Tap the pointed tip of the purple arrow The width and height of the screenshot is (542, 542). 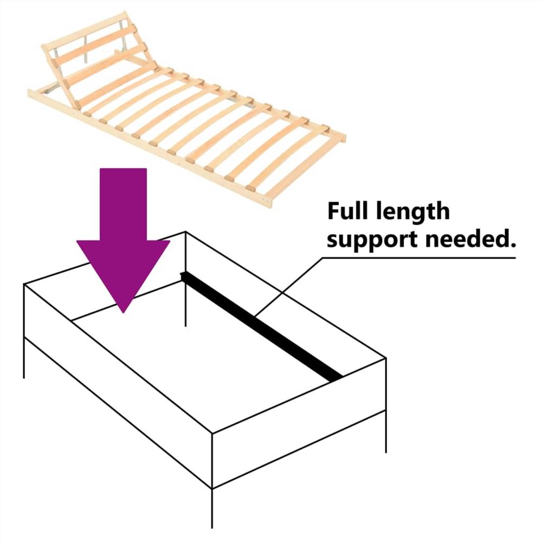124,310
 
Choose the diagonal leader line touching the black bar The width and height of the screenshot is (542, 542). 287,287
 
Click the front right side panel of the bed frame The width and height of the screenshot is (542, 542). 298,423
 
